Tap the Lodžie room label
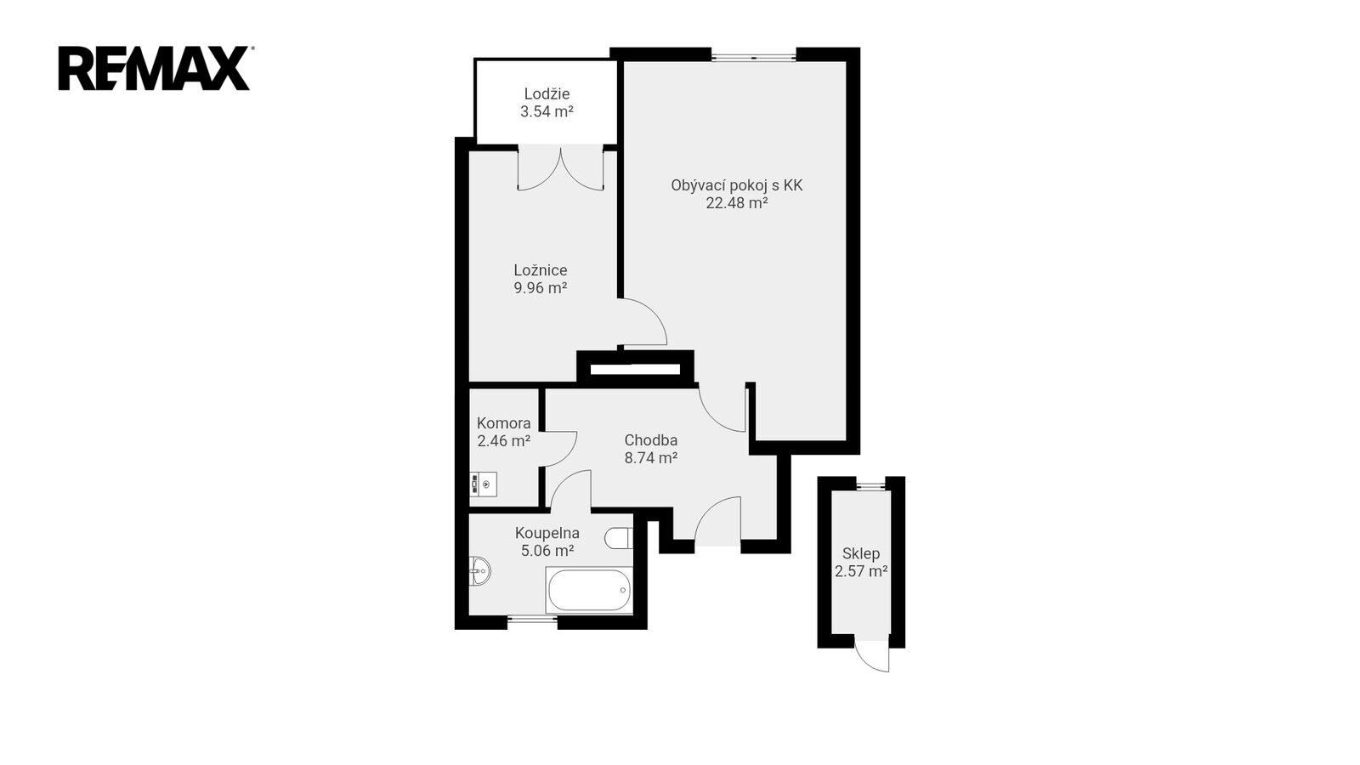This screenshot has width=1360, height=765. tap(547, 94)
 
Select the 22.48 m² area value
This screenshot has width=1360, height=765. tap(736, 203)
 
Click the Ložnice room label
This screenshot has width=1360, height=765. tap(541, 270)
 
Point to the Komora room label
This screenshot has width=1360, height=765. tap(503, 423)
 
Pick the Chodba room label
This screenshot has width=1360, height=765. tap(651, 440)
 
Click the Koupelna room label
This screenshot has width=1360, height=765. tap(547, 533)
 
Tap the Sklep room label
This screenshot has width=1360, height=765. tap(861, 553)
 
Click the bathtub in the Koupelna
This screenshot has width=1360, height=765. tap(589, 590)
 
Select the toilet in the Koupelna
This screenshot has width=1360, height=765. tap(619, 538)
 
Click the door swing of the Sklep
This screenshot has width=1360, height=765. tap(872, 655)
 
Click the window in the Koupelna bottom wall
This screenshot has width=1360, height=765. tap(532, 620)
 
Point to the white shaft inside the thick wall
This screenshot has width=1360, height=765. tap(635, 369)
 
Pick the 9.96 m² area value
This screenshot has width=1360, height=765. tap(541, 288)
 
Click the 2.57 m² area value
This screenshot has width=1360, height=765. tap(861, 571)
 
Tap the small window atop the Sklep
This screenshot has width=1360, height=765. tap(870, 484)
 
